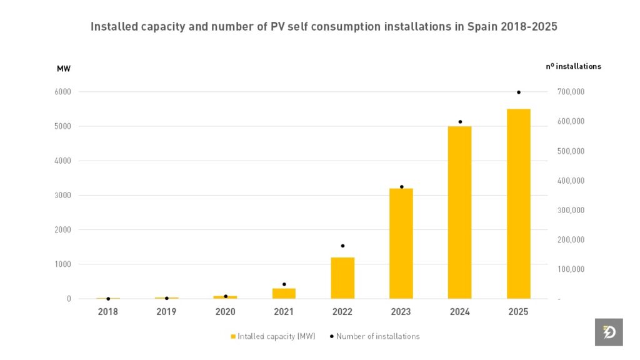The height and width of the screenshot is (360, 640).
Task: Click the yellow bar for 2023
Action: click(x=401, y=243)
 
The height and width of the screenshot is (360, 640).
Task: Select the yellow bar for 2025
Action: click(x=518, y=204)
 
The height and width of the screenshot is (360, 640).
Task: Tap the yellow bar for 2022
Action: click(x=342, y=277)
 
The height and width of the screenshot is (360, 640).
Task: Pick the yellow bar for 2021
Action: click(x=284, y=293)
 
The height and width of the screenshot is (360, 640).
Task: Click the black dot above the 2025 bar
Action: click(x=518, y=92)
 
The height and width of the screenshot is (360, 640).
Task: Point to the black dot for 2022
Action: click(x=342, y=246)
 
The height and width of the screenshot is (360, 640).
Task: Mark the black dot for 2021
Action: click(x=284, y=284)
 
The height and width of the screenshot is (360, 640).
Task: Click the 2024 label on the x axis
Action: click(x=459, y=312)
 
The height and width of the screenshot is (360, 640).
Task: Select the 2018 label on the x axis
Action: click(x=107, y=312)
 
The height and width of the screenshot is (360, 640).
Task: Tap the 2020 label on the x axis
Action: click(x=225, y=312)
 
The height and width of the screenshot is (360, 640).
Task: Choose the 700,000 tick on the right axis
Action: click(x=571, y=92)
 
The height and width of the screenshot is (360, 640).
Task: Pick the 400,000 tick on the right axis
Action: click(x=571, y=181)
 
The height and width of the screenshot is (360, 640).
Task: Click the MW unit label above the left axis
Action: click(x=64, y=68)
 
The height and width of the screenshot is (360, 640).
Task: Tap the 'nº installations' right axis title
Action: click(x=573, y=66)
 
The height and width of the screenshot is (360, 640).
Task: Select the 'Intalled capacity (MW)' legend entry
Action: click(x=272, y=336)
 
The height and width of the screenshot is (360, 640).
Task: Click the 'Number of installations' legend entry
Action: click(x=375, y=336)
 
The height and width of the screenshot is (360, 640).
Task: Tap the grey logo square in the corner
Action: click(x=609, y=332)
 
